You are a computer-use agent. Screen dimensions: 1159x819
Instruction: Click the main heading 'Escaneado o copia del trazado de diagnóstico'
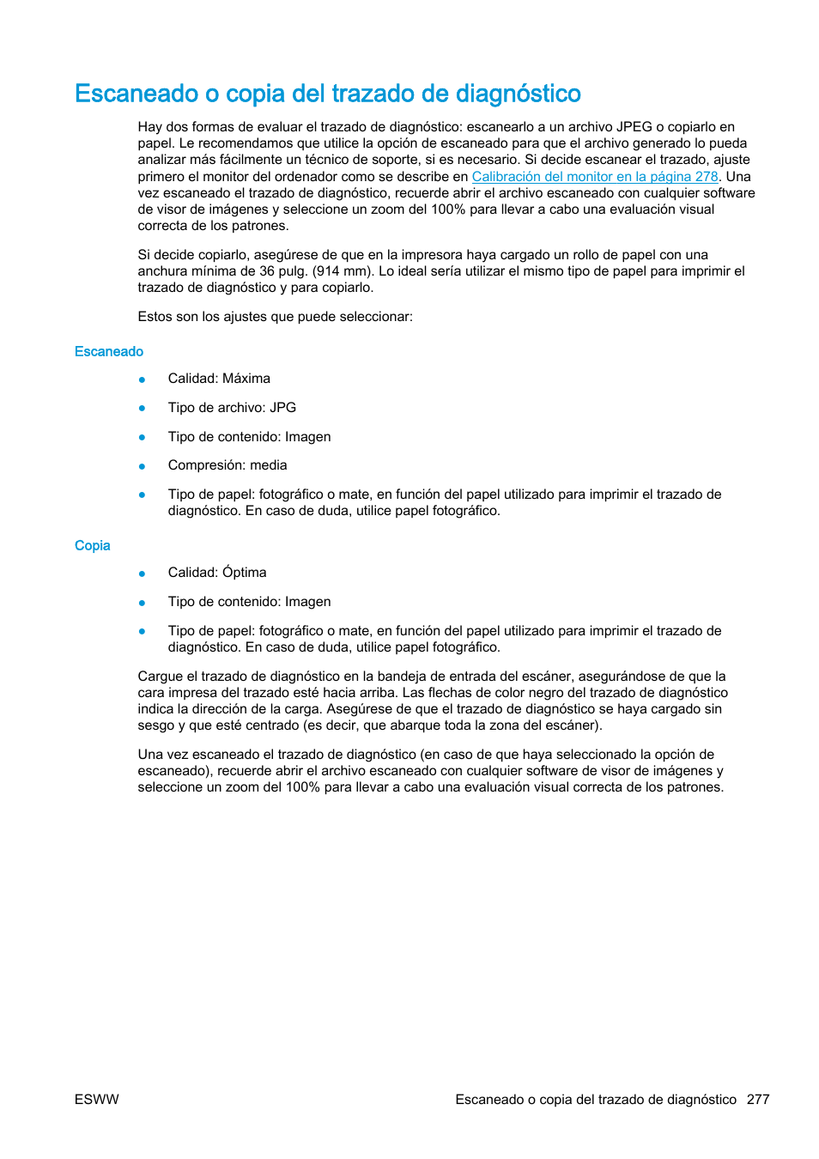[327, 94]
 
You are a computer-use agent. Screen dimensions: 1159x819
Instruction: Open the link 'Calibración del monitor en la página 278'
[594, 177]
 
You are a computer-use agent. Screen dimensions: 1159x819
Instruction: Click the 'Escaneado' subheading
[109, 352]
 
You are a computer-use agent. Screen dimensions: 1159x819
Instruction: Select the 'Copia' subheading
[92, 546]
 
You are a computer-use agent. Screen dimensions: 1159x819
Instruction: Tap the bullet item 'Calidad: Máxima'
[219, 379]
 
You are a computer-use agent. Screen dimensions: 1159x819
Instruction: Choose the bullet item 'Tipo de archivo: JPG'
[232, 408]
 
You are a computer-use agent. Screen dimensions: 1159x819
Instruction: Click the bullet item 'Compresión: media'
[227, 465]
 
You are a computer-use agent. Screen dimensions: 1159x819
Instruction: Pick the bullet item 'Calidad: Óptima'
[217, 573]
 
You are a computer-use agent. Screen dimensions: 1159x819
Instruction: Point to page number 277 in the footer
[758, 1100]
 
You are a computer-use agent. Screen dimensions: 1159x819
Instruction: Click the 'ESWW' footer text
[97, 1100]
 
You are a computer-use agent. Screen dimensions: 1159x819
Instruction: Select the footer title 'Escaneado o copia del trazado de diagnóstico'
[596, 1100]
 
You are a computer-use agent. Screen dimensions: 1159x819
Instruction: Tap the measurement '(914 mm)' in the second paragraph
[343, 271]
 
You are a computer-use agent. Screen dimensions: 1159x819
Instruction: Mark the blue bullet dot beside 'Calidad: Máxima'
[143, 379]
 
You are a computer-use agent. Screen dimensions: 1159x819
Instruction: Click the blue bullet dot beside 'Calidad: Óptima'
[143, 573]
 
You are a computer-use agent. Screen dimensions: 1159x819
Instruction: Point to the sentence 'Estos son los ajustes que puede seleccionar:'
[275, 317]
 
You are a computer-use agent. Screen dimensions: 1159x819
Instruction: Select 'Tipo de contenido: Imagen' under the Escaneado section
[249, 437]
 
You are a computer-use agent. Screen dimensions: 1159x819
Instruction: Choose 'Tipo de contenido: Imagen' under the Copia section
[249, 602]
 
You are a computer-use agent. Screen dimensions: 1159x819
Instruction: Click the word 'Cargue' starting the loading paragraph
[159, 677]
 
